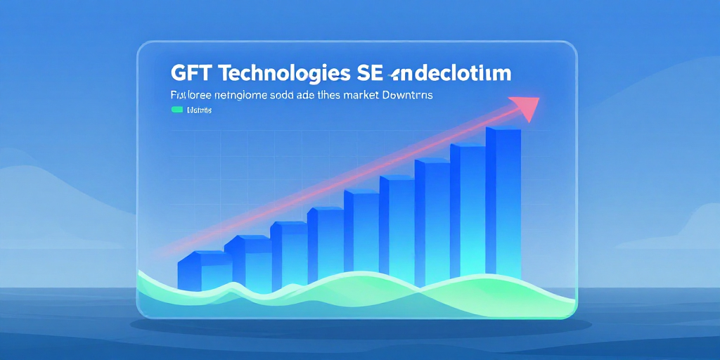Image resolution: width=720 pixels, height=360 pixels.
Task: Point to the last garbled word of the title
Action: click(x=454, y=74)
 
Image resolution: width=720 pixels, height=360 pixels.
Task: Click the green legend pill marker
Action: click(x=176, y=110)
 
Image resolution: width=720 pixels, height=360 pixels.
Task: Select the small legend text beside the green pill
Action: click(x=200, y=110)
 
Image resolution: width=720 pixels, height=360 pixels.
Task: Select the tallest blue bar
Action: click(x=503, y=204)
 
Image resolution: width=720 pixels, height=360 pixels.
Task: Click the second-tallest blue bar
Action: click(x=468, y=211)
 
